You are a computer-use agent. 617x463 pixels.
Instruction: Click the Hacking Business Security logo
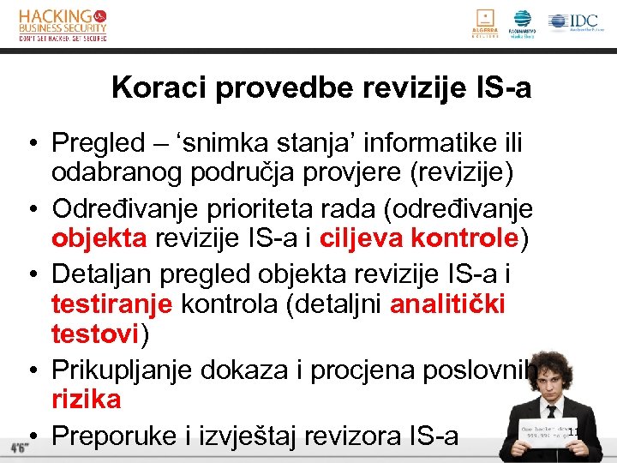click(x=63, y=25)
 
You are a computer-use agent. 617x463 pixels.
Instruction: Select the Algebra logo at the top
click(x=485, y=23)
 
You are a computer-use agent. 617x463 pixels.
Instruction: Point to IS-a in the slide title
click(x=504, y=87)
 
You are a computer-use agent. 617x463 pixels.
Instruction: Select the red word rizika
click(x=86, y=399)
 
